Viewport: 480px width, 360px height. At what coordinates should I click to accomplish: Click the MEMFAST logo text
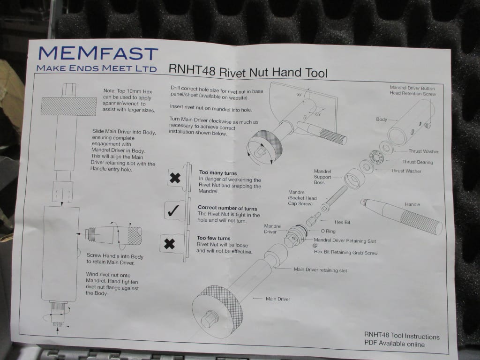tap(98, 53)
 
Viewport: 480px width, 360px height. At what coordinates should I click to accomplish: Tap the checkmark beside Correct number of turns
tap(173, 210)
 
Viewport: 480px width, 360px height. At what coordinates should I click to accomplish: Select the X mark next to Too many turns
tap(175, 178)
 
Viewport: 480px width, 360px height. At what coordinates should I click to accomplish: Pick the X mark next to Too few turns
tap(169, 244)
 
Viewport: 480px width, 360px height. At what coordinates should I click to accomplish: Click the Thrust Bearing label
tap(418, 162)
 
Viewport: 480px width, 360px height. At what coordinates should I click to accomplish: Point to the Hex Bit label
tap(342, 222)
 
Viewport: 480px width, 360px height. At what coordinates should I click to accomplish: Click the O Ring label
tap(328, 231)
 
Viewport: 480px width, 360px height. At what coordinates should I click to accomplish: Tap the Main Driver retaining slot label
tap(320, 270)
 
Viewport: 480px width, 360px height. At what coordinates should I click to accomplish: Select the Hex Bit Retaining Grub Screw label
tap(345, 253)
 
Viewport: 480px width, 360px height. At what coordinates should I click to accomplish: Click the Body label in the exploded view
tap(382, 120)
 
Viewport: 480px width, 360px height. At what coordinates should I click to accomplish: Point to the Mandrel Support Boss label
tap(322, 177)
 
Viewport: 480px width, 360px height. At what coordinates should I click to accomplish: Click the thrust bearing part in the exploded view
tap(376, 157)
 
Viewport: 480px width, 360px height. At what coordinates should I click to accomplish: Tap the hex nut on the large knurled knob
tap(210, 319)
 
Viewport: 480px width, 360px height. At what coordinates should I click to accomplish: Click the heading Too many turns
tap(217, 173)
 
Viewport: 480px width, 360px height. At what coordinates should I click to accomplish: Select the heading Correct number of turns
tap(227, 208)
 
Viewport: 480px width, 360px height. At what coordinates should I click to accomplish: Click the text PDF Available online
tap(394, 344)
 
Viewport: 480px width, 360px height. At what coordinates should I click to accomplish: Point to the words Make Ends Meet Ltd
tap(97, 68)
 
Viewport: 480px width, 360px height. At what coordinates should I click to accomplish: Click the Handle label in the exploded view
tap(412, 204)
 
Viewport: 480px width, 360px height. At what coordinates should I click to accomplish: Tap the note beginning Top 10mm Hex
tap(128, 100)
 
